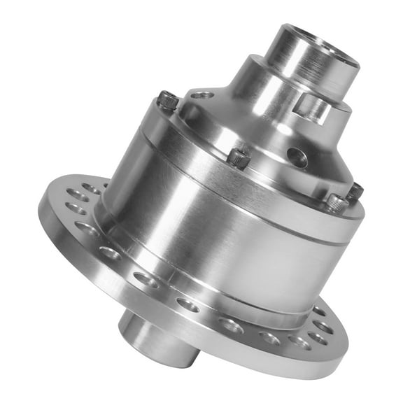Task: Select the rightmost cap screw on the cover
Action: (355, 191)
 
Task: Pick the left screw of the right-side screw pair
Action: (337, 202)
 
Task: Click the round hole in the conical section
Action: (297, 157)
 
